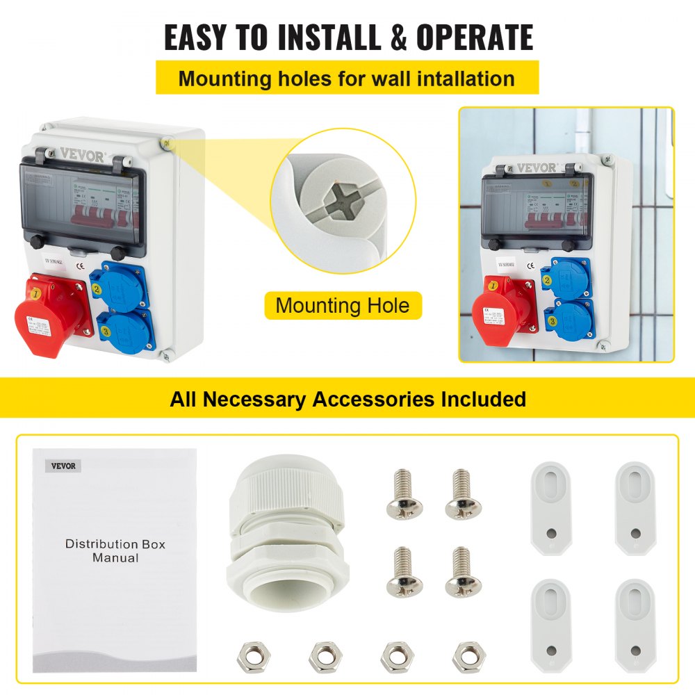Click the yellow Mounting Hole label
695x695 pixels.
(343, 305)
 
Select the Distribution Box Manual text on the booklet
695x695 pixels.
(115, 550)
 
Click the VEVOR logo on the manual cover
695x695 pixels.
(63, 466)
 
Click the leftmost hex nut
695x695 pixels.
(250, 653)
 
